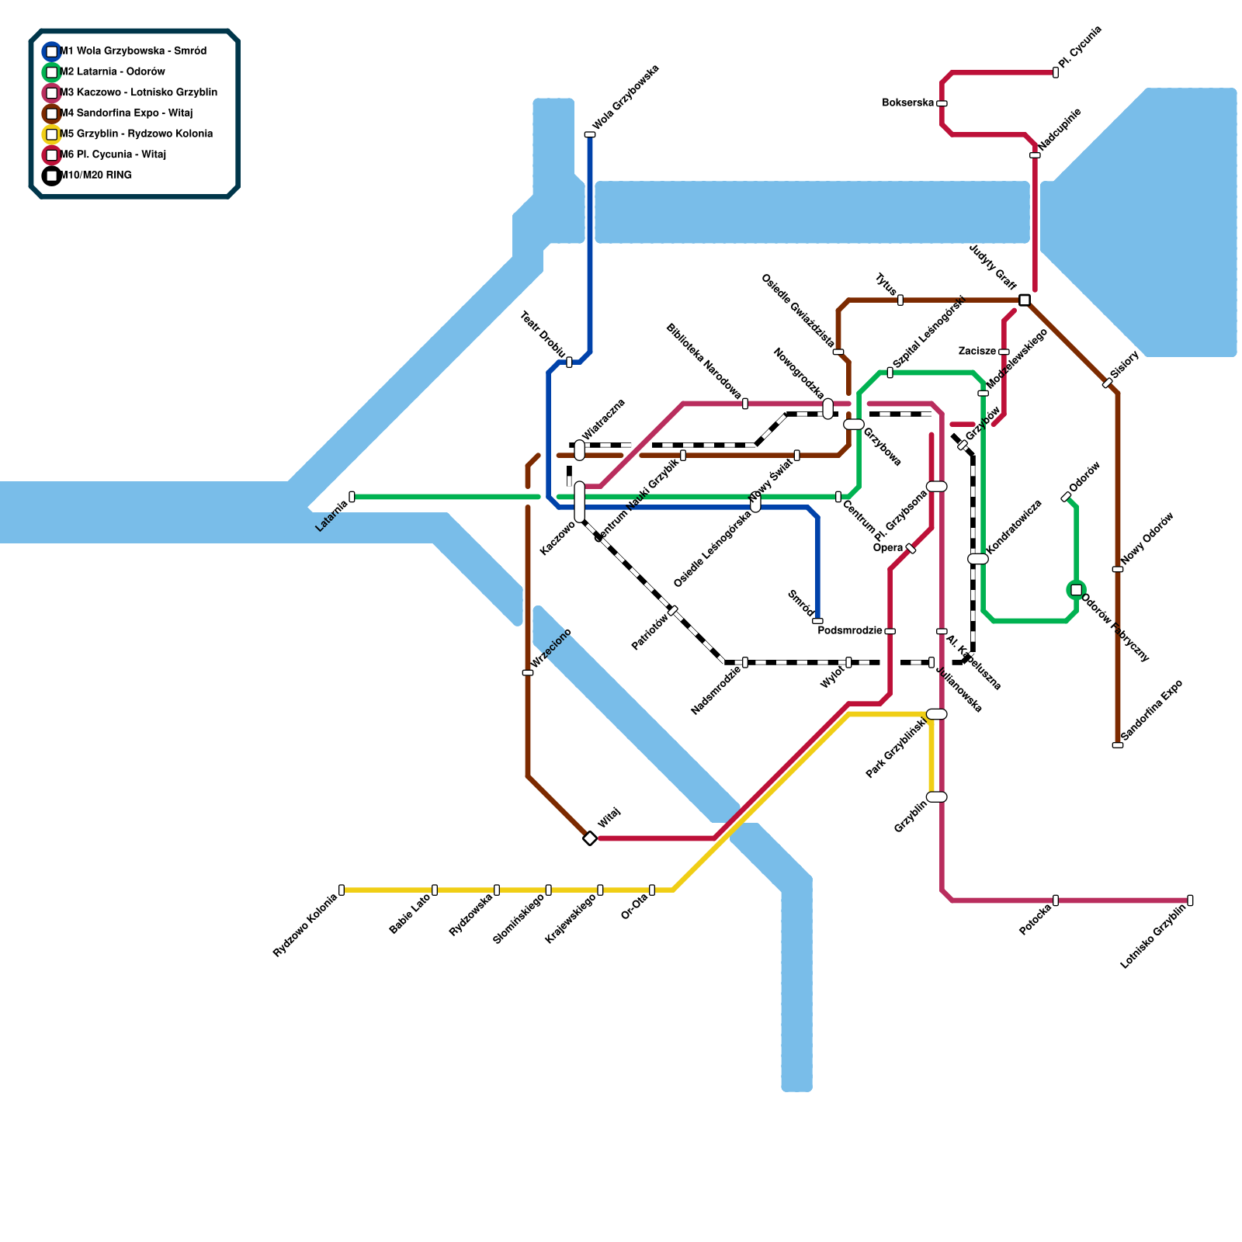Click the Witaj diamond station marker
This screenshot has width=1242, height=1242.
590,838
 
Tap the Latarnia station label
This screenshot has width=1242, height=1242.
331,516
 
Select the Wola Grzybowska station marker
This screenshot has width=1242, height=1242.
590,135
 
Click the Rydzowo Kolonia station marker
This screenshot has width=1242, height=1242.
342,890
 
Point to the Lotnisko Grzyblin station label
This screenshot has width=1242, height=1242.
1153,937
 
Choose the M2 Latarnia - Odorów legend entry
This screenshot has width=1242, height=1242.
113,71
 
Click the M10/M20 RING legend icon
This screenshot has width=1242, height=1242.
51,175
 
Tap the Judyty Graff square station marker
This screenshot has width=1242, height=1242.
1025,300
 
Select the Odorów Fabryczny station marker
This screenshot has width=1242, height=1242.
1076,590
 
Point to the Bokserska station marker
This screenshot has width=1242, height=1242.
942,103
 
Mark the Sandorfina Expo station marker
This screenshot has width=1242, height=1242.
1118,745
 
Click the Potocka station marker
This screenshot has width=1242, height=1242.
1056,900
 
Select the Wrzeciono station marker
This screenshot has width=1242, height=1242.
528,672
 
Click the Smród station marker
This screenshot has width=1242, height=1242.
817,621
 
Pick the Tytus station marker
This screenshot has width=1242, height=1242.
900,300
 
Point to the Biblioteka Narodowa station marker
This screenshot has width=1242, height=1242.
745,404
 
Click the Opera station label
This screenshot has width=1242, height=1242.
888,548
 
